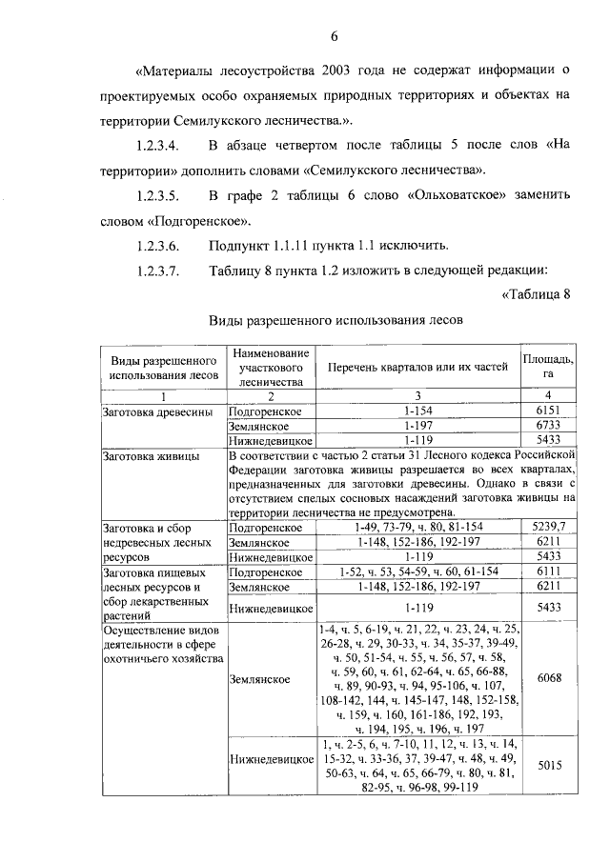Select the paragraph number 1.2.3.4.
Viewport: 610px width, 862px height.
(x=158, y=145)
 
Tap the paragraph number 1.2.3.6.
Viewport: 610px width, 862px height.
(x=158, y=246)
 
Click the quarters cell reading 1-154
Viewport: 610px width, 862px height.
(x=417, y=410)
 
